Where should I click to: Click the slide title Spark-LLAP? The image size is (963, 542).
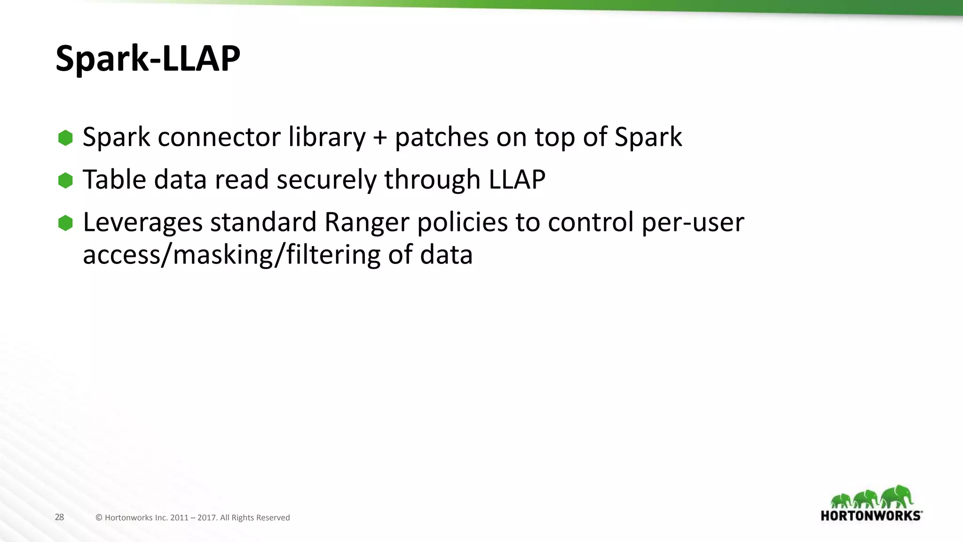148,58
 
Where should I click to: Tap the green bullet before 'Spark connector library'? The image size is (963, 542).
65,138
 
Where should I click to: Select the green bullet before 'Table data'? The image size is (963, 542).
65,180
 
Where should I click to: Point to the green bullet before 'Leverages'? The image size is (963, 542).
65,223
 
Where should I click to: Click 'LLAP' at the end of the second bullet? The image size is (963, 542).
517,179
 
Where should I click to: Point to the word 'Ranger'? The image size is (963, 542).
367,223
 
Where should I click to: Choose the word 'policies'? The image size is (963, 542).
462,222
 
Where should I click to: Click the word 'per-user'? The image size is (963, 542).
693,223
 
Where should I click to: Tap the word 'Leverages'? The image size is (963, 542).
142,223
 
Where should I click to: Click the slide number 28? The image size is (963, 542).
59,517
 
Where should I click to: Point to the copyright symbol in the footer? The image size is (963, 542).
99,518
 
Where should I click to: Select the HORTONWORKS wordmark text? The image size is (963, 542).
871,516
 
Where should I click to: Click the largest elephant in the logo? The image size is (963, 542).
897,496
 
